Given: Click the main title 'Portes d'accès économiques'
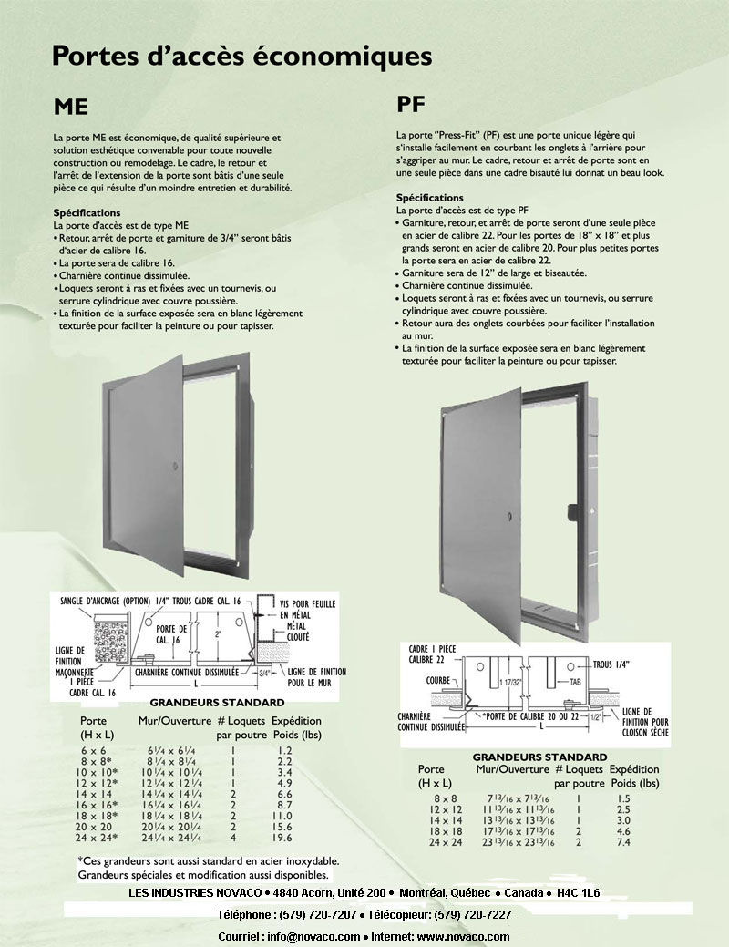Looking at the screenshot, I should pos(241,56).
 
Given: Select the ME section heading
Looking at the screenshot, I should pos(71,107).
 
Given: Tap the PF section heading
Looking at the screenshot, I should pos(411,102).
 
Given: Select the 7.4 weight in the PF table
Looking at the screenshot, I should pos(622,842).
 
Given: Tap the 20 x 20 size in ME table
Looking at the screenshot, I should pos(95,826).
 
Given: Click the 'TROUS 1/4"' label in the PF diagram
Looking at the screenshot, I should pos(617,665).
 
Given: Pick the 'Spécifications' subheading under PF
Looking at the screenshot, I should pos(429,198).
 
